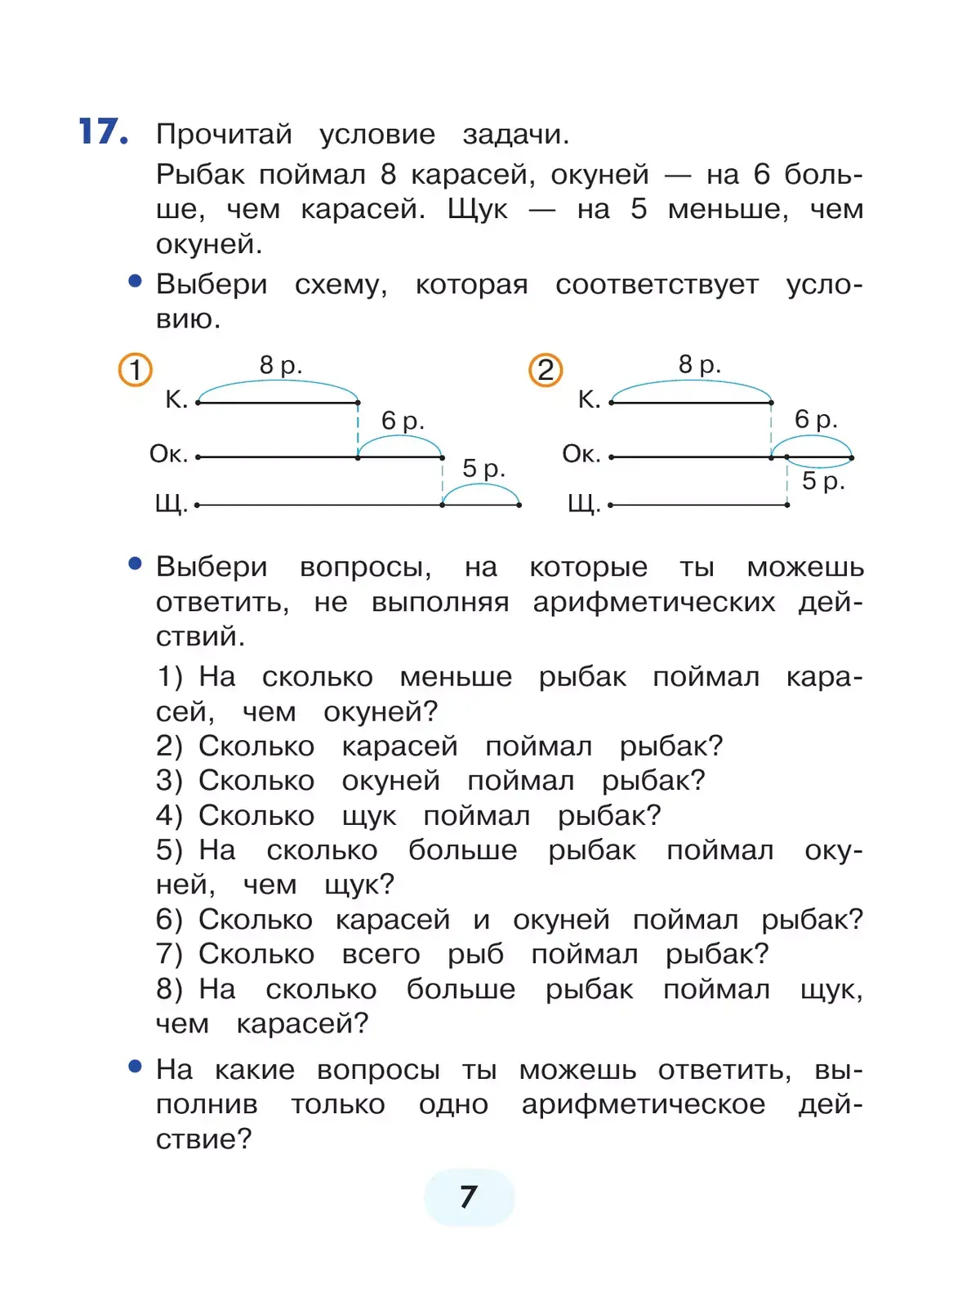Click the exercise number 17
coord(103,131)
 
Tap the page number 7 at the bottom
coord(469,1197)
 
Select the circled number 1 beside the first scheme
coord(136,369)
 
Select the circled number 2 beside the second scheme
coord(546,370)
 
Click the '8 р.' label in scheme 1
coord(281,365)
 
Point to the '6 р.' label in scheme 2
coord(816,420)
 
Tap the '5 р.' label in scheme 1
coord(483,469)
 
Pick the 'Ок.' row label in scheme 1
coord(168,454)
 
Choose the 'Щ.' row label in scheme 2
coord(584,504)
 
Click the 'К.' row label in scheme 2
coord(589,399)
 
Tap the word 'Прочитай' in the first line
coord(224,134)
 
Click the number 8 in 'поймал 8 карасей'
coord(388,174)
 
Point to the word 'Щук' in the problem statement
coord(478,210)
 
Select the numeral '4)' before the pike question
coord(169,815)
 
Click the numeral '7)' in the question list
coord(169,954)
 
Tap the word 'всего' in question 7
coord(381,954)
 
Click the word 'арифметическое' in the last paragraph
coord(644,1104)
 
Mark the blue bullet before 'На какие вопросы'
coord(136,1067)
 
